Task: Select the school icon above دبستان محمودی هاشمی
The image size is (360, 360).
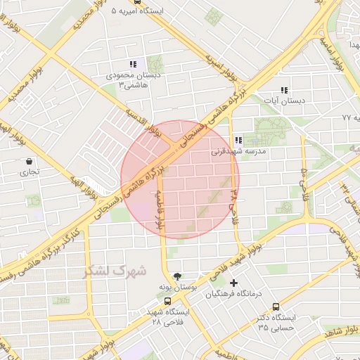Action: click(x=133, y=64)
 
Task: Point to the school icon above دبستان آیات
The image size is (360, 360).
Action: click(x=284, y=90)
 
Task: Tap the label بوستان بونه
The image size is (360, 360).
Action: click(x=180, y=288)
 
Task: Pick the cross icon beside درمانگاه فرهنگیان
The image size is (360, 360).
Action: click(x=234, y=283)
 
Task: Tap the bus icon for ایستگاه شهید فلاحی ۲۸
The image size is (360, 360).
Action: click(x=167, y=301)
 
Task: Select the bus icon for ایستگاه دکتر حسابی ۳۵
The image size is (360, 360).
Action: click(x=276, y=307)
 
